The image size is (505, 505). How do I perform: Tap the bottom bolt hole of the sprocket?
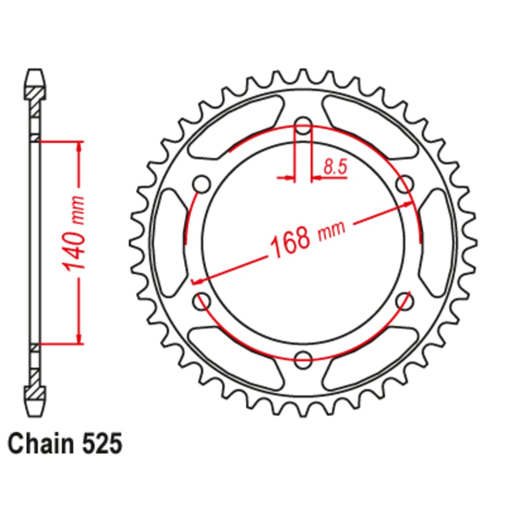pos(303,359)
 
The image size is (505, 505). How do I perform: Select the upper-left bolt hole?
pos(202,184)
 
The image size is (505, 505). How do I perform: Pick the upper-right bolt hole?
pos(405,184)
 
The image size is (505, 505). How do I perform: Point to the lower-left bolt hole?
pos(202,301)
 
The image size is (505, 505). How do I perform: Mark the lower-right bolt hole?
pos(405,301)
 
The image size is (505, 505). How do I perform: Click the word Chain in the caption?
pos(41,444)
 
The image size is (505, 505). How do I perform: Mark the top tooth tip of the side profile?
pos(34,72)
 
